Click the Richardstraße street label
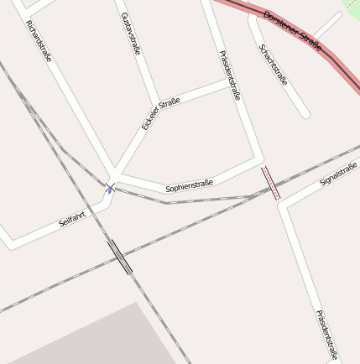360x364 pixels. [x=40, y=40]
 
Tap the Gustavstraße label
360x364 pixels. [x=130, y=34]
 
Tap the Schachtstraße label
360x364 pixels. [x=274, y=65]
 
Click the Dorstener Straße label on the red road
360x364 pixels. [x=292, y=30]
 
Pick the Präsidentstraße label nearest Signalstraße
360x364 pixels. [x=326, y=334]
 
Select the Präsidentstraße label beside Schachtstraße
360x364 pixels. [x=229, y=75]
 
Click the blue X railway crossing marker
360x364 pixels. [x=111, y=188]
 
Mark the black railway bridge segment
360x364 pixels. [x=120, y=257]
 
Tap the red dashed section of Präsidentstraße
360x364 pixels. [x=269, y=182]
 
